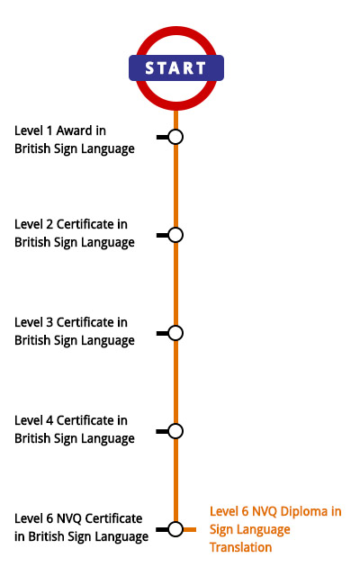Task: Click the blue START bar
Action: coord(176,68)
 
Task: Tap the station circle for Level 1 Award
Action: coord(175,137)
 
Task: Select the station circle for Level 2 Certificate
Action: coord(175,235)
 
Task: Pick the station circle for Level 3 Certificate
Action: coord(175,333)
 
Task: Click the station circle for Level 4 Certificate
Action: coord(175,431)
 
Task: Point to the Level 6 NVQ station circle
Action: coord(175,529)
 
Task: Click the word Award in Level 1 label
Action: coord(74,130)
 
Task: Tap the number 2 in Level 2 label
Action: coord(49,224)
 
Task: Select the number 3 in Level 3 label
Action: coord(49,322)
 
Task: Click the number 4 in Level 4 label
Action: coord(49,420)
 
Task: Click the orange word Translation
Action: coord(240,547)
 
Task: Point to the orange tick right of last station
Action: coord(190,529)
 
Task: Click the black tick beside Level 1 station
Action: coord(162,137)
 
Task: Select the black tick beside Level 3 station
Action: coord(162,333)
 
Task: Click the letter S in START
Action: coord(149,68)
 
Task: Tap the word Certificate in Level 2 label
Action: coord(85,224)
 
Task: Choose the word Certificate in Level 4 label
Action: coord(85,420)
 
